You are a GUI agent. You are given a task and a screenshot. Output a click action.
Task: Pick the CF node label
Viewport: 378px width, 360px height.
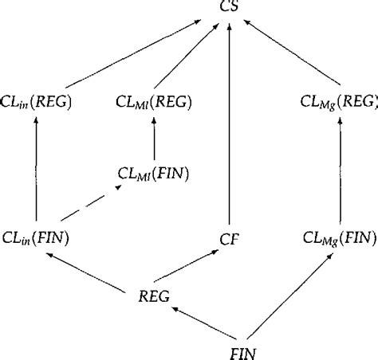click(x=230, y=237)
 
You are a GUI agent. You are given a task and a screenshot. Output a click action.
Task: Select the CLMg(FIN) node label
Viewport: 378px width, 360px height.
click(x=339, y=237)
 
